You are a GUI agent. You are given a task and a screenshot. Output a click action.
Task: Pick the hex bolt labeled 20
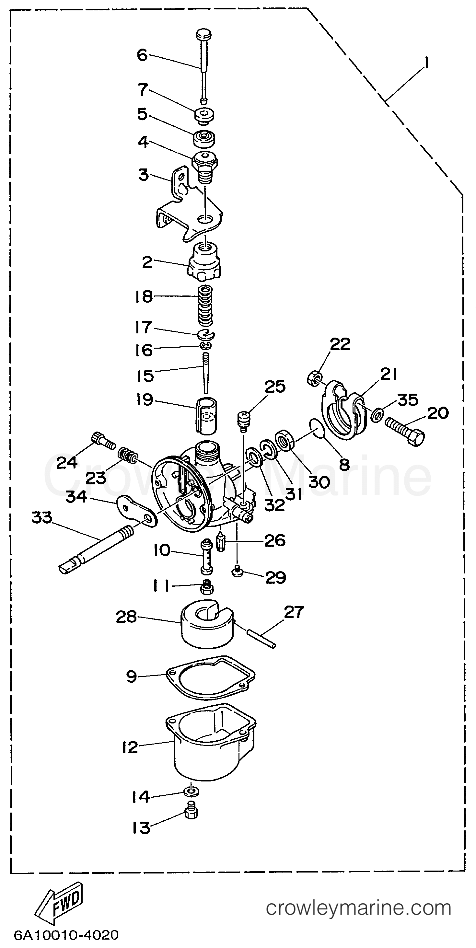405,430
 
